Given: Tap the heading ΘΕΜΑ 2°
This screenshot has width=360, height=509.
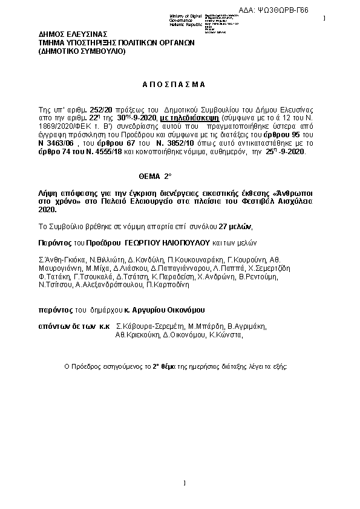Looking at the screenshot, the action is pos(156,176).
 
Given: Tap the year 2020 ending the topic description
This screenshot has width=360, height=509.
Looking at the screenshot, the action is pos(46,209).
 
